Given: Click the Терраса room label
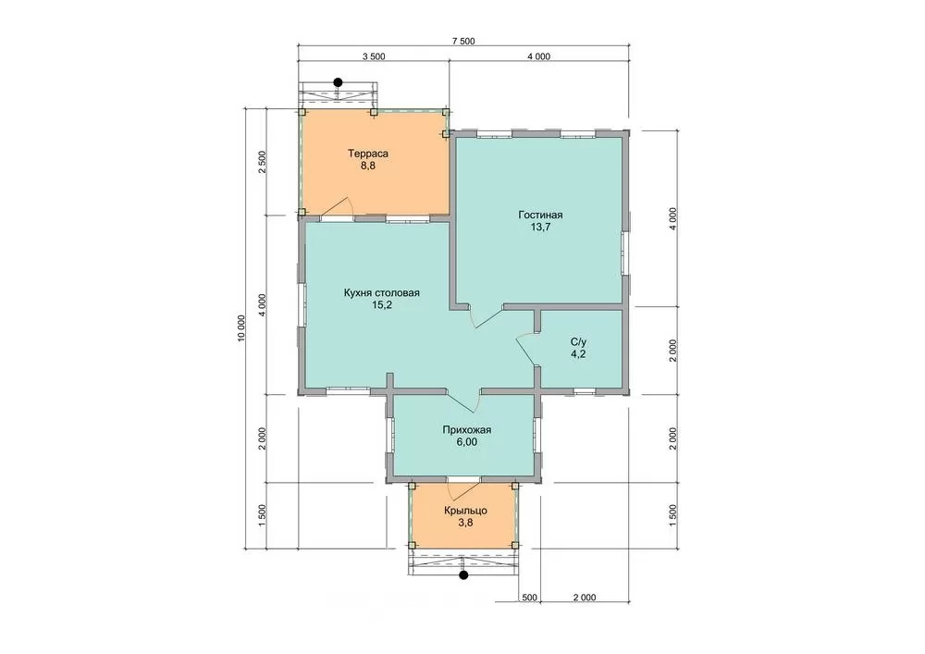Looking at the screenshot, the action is click(x=367, y=154).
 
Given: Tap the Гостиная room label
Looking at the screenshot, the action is click(x=540, y=216).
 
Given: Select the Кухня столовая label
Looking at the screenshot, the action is click(x=382, y=293).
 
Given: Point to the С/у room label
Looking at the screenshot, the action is click(x=578, y=342).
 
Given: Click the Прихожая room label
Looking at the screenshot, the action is click(x=466, y=430).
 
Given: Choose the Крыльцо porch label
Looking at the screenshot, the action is click(x=465, y=511).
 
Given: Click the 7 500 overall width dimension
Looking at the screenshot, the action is click(x=463, y=42).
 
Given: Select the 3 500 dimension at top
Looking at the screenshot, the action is click(x=374, y=56).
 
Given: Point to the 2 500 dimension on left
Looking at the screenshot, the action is click(x=263, y=162).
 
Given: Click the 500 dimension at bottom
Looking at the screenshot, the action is click(x=529, y=598).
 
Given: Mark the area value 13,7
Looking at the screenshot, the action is click(x=540, y=227).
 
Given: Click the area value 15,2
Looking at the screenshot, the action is click(x=382, y=305).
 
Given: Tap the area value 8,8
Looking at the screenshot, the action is click(x=367, y=166).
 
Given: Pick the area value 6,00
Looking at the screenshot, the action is click(x=466, y=441).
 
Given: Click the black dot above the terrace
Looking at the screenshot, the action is click(x=338, y=82).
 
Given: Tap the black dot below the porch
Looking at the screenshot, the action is click(x=463, y=574).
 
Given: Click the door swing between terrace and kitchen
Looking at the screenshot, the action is click(x=338, y=207).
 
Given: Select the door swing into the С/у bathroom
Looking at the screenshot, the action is click(x=527, y=349).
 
